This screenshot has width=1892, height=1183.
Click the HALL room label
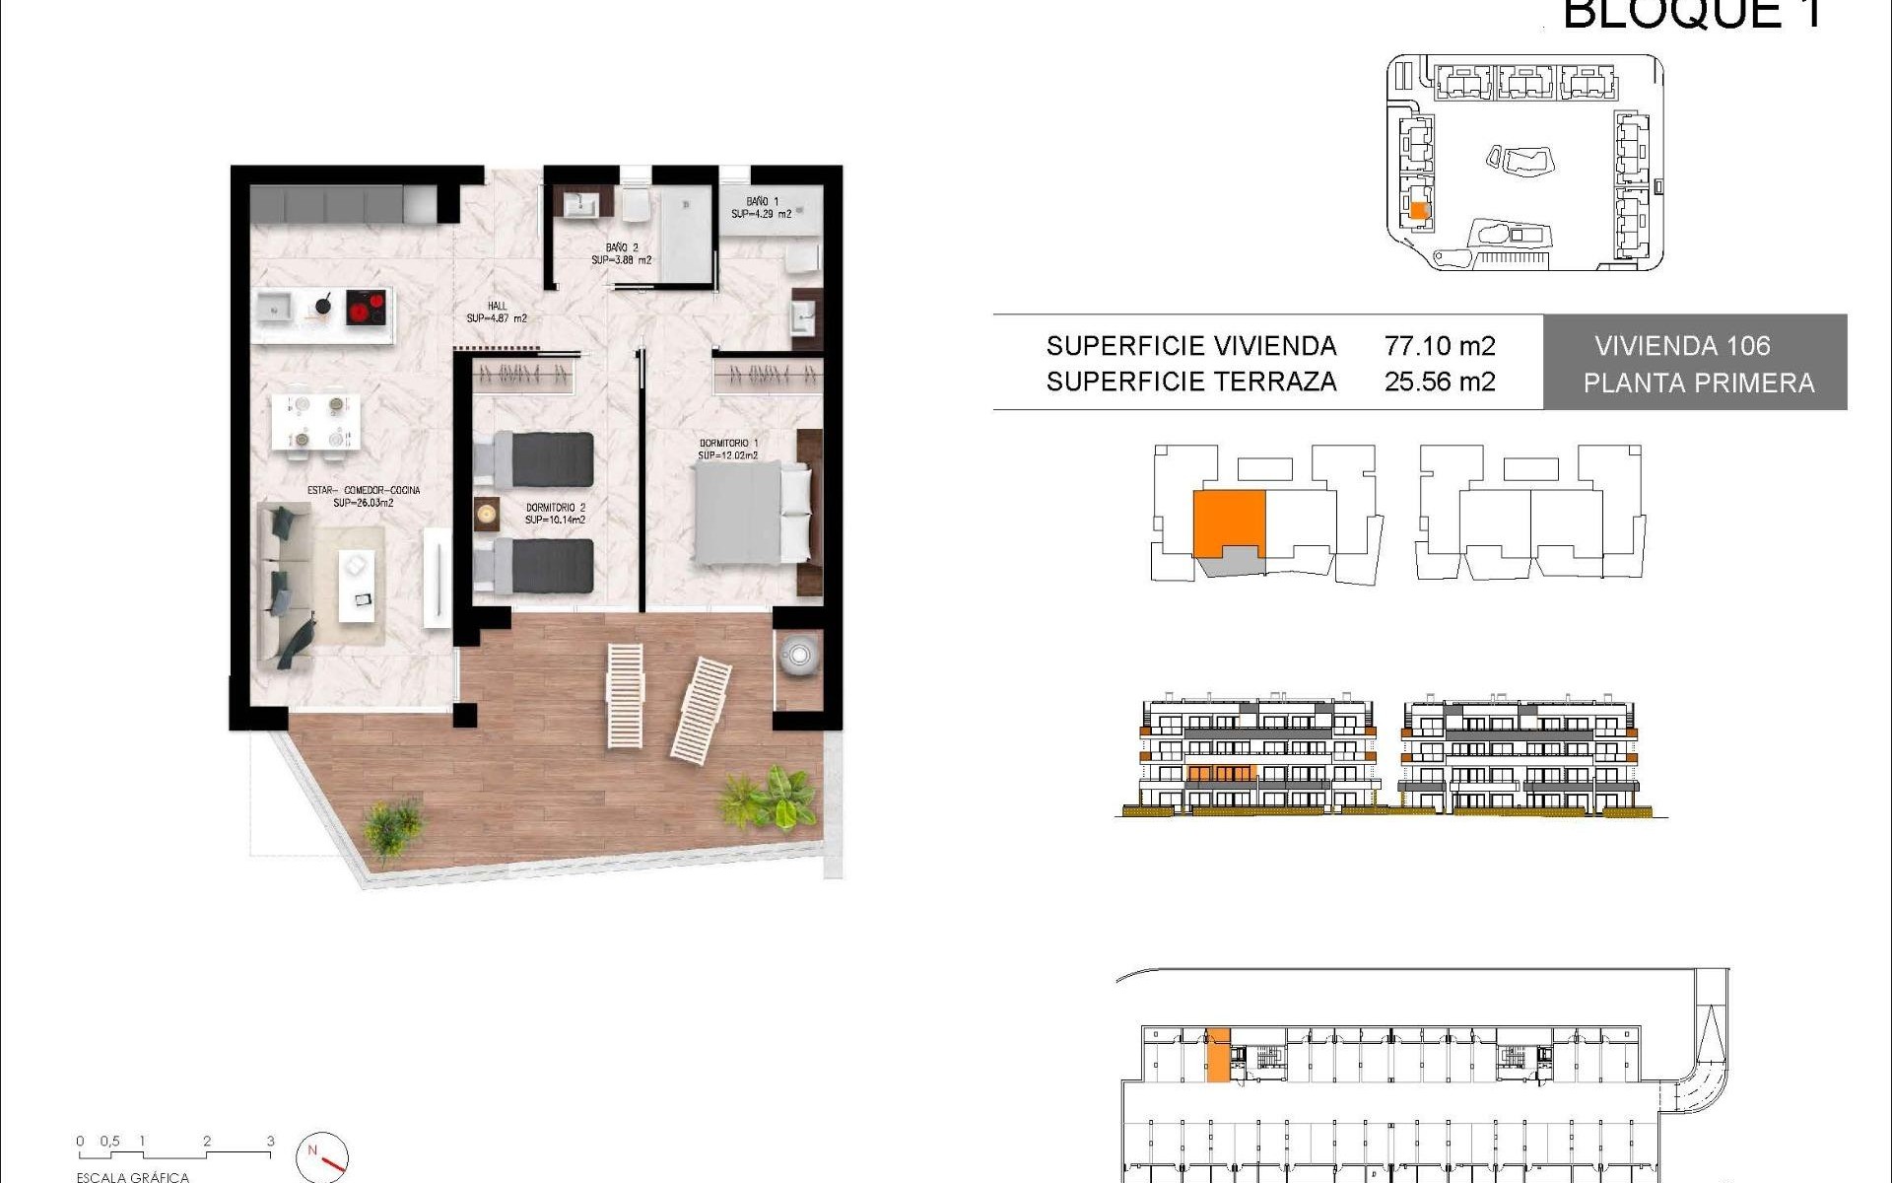[x=497, y=312]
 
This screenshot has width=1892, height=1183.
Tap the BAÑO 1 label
[x=761, y=207]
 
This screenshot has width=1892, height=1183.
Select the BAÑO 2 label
[x=622, y=254]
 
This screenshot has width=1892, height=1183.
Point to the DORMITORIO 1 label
[x=728, y=450]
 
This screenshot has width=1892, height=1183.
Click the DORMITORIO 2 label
[x=555, y=514]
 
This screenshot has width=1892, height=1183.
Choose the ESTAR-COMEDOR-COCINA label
[x=364, y=496]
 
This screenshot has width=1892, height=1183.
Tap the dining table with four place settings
[x=315, y=422]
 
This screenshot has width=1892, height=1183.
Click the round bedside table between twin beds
[x=487, y=514]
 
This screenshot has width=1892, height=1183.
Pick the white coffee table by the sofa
[x=358, y=585]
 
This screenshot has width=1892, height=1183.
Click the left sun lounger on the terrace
[x=625, y=695]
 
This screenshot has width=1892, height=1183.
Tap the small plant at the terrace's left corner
[x=393, y=825]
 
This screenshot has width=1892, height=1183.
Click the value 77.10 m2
[x=1440, y=346]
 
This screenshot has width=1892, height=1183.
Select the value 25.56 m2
[x=1440, y=382]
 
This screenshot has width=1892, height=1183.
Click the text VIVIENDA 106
[x=1682, y=346]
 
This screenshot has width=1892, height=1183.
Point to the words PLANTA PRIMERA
[x=1699, y=383]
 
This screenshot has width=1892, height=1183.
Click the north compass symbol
[x=322, y=1156]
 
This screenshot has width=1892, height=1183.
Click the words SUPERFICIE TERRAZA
[x=1191, y=382]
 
